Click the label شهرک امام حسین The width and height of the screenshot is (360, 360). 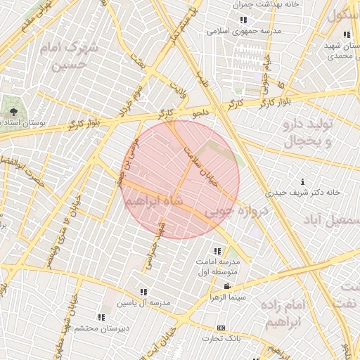click(x=73, y=57)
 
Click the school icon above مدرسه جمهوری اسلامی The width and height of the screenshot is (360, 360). click(x=243, y=20)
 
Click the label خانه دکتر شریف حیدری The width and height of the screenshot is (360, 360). click(x=302, y=192)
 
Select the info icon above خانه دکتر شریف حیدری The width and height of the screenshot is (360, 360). click(x=303, y=181)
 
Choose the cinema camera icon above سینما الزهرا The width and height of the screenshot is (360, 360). click(x=226, y=286)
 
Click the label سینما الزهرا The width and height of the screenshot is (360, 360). click(x=226, y=297)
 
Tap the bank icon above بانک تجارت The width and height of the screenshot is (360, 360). click(x=221, y=328)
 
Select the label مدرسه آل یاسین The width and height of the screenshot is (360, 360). click(x=143, y=303)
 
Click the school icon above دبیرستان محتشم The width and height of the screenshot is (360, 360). click(x=101, y=317)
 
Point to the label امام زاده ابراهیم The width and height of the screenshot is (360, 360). click(x=284, y=314)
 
